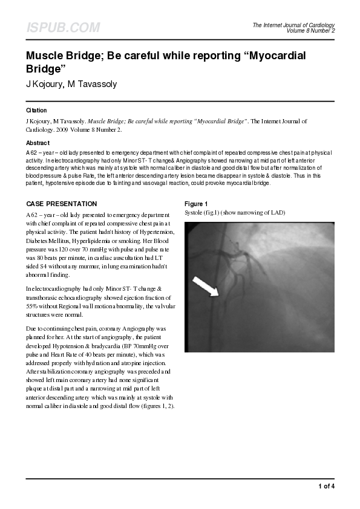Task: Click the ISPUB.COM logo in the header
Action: click(x=63, y=28)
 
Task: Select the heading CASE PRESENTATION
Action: click(x=61, y=204)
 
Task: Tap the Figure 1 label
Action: click(x=196, y=204)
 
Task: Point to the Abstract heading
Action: click(x=38, y=143)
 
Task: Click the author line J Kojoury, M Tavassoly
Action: click(x=71, y=84)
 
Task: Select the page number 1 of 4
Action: click(x=326, y=486)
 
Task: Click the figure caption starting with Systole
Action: click(x=234, y=213)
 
